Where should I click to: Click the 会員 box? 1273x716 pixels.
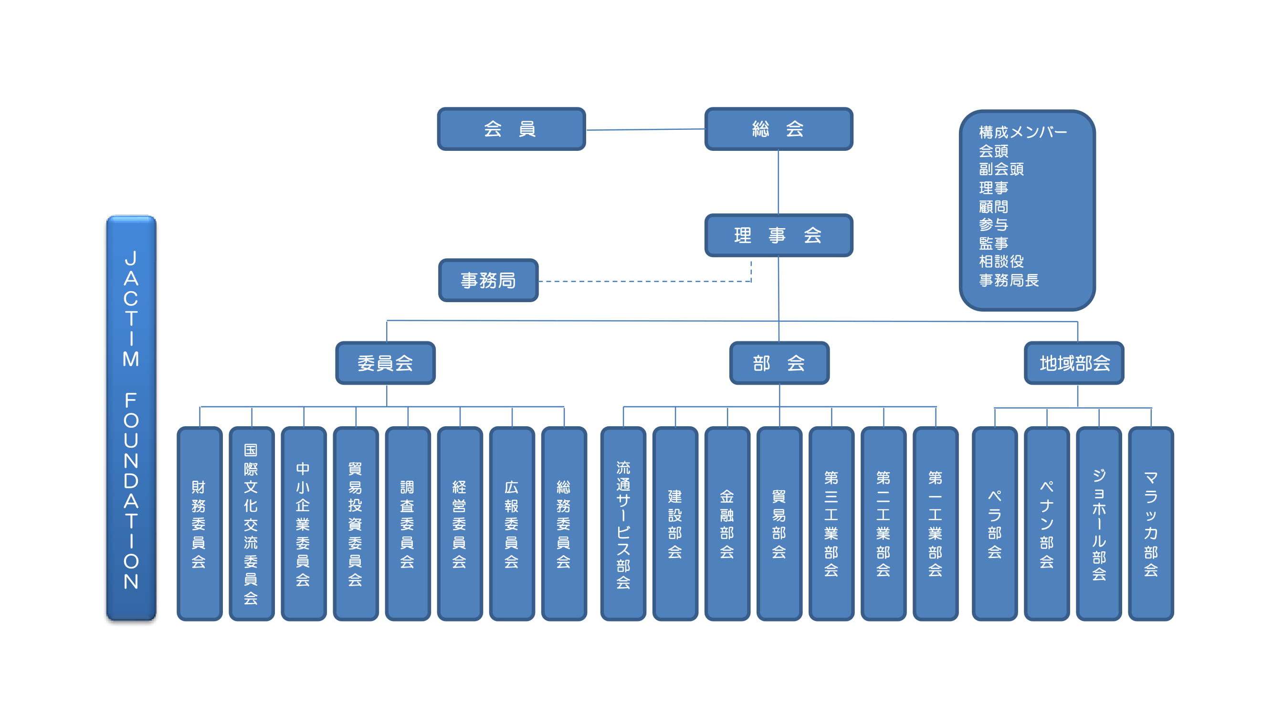click(512, 129)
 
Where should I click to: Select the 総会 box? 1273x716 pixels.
click(779, 129)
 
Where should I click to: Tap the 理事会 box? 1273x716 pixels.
click(779, 235)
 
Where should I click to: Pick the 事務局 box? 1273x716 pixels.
click(488, 280)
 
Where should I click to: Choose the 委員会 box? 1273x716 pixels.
click(386, 363)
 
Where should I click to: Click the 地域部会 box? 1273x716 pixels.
click(1074, 363)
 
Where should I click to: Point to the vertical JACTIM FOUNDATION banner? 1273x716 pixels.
click(131, 418)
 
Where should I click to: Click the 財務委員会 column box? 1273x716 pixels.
click(200, 524)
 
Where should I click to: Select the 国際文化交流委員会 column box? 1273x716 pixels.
click(252, 524)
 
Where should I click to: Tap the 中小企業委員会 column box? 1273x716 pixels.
click(304, 524)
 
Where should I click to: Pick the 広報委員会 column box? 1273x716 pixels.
click(512, 524)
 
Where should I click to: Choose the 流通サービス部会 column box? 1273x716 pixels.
click(623, 524)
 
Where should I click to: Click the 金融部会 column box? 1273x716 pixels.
click(727, 524)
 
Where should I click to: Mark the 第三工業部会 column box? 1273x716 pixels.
click(831, 524)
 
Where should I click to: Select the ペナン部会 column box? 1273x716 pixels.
click(1047, 524)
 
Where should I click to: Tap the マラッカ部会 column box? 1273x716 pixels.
click(1151, 524)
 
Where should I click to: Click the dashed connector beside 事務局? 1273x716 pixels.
click(645, 281)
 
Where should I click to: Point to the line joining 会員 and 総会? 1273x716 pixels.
click(645, 129)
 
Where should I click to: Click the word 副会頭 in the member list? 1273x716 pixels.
click(1001, 169)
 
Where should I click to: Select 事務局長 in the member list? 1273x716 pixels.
click(1009, 280)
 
